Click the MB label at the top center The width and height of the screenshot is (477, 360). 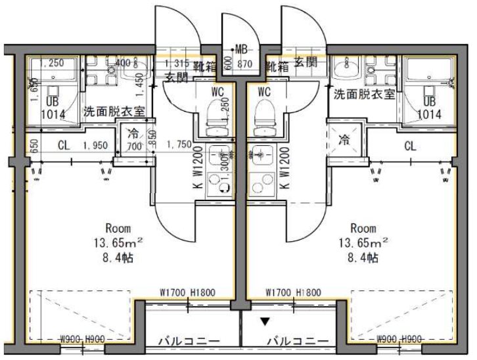[242, 49]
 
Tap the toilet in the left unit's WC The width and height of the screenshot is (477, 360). [214, 116]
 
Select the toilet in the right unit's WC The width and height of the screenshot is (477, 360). [263, 116]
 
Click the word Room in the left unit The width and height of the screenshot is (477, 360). [119, 229]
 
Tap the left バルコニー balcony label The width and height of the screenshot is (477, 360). [188, 341]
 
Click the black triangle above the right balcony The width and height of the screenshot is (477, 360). [265, 322]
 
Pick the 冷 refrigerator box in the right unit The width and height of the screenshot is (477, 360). [344, 139]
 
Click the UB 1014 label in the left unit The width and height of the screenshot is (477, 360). [53, 108]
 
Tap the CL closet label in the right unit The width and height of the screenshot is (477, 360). [410, 146]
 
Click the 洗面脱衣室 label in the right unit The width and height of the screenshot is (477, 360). [364, 94]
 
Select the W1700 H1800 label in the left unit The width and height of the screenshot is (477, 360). [187, 293]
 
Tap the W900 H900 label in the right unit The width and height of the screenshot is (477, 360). [398, 340]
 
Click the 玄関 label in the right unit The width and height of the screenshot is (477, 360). [305, 62]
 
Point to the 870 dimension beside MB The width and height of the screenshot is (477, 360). [244, 65]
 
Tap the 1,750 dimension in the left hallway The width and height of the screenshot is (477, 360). [179, 145]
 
